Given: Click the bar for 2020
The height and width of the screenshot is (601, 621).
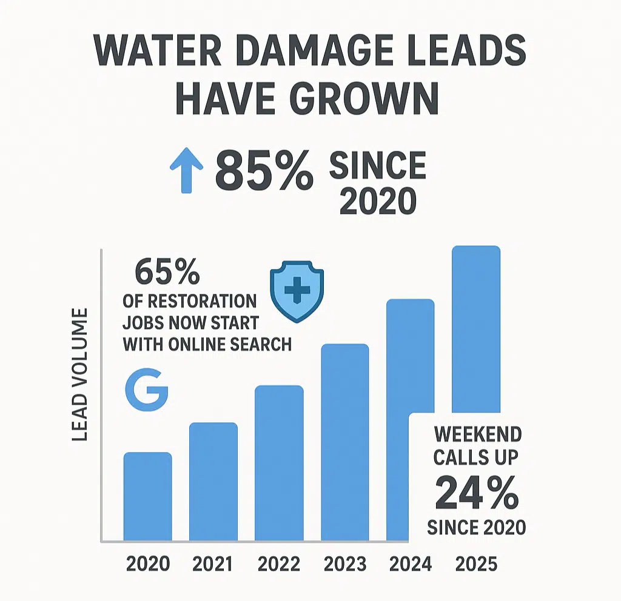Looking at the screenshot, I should pos(147,497).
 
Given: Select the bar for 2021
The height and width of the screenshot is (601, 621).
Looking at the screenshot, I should pos(213,482).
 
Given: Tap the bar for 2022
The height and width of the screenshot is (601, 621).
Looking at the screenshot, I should pos(279,463).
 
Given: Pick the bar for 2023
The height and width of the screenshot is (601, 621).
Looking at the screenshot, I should pos(345,442).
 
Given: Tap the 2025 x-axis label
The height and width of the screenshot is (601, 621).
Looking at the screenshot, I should pos(477,565).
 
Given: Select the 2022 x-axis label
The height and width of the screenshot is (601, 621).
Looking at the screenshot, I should pos(279,565).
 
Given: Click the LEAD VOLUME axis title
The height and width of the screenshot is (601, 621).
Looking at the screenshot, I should pos(80,374).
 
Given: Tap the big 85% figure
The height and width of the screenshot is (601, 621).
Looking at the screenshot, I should pos(264,171).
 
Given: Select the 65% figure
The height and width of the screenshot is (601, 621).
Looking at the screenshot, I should pos(167,273).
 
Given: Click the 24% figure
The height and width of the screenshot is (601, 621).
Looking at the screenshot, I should pos(477,494).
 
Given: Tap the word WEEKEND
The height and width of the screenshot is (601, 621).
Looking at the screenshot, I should pos(478,434).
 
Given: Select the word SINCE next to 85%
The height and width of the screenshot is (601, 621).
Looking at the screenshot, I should pos(377,165).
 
